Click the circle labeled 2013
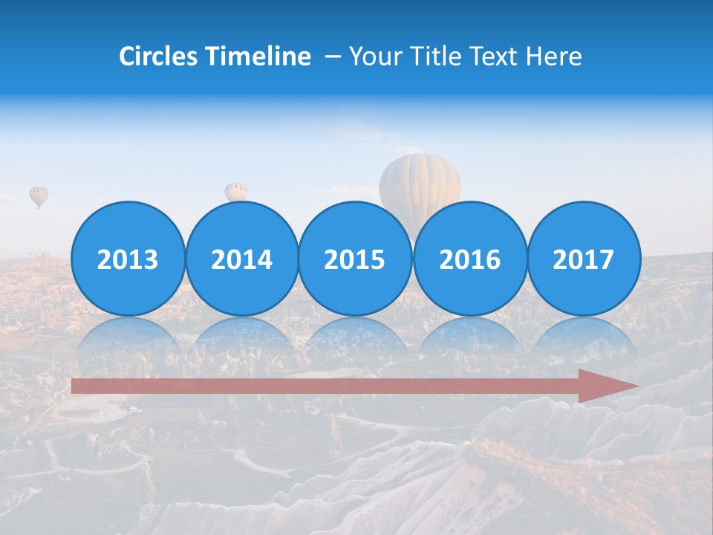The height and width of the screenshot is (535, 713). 128,259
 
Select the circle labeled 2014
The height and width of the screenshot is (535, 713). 242,259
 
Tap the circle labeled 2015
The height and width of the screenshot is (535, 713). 355,259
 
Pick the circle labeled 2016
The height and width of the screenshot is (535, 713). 469,259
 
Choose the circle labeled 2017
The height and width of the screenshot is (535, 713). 584,259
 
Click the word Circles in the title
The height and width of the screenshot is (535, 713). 159,56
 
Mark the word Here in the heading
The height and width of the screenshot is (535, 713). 553,56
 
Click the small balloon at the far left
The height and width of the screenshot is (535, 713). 39,196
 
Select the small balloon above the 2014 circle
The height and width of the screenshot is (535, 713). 236,191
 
